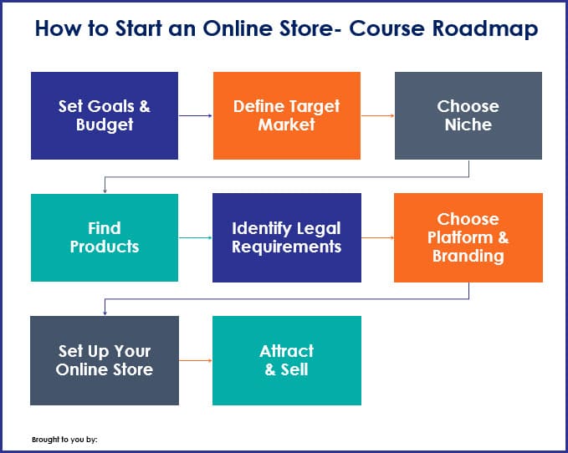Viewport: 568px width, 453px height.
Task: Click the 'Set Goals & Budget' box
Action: tap(105, 115)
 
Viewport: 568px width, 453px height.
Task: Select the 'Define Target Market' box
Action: tap(287, 115)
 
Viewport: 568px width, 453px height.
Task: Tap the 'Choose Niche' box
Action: tap(468, 115)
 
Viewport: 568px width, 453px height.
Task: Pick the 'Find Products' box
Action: tap(105, 237)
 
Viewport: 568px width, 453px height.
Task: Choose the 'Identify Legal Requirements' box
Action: tap(287, 237)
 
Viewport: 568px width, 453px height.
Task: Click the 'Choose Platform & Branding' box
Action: tap(468, 237)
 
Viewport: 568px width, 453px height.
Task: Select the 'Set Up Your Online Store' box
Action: tap(105, 360)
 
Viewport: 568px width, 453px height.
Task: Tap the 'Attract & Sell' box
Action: tap(287, 360)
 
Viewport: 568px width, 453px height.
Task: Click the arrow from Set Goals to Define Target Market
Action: tap(196, 116)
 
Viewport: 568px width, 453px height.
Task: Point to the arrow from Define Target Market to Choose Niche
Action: tap(378, 116)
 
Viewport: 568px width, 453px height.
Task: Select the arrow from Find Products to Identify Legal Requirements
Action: tap(196, 237)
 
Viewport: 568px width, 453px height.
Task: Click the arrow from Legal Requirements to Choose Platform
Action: tap(378, 237)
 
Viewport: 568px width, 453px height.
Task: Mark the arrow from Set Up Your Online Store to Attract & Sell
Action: tap(196, 360)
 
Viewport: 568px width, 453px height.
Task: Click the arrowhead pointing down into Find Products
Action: tap(105, 191)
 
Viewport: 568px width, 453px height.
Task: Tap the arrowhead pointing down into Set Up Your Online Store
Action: tap(105, 313)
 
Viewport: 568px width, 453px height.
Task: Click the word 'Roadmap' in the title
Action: tap(485, 29)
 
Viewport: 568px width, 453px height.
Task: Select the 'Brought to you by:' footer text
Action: tap(64, 440)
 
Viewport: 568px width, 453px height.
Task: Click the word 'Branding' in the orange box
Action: tap(468, 256)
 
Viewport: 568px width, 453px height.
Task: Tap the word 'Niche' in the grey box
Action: tap(468, 125)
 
